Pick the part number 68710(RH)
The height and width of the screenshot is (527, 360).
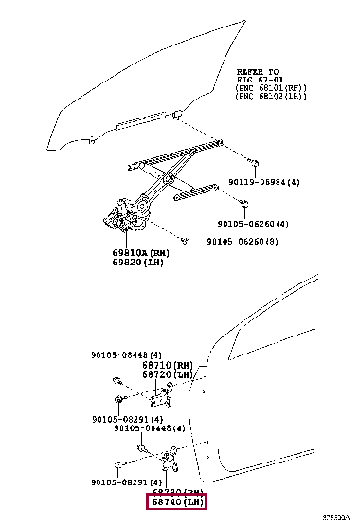pyautogui.click(x=171, y=364)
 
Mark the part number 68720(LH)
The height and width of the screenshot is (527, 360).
pyautogui.click(x=171, y=374)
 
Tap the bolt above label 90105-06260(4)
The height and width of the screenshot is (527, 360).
pyautogui.click(x=244, y=203)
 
